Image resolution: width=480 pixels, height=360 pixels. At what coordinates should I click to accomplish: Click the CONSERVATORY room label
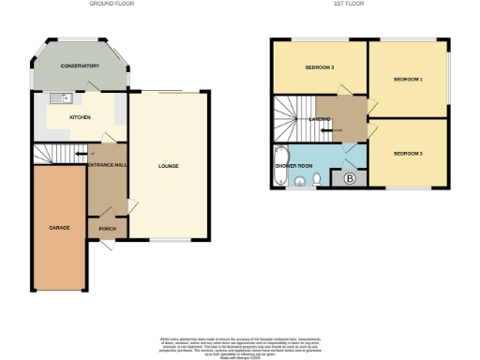(x=80, y=66)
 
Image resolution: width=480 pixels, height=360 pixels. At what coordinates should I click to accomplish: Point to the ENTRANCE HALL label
(x=106, y=166)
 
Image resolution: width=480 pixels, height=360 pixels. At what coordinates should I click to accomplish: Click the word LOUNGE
(x=168, y=166)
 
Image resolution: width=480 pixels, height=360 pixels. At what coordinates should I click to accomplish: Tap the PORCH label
(x=107, y=228)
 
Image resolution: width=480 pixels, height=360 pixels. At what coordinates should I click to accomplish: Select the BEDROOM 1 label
(x=408, y=80)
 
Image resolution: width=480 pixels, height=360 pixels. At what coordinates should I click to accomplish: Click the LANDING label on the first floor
(x=319, y=119)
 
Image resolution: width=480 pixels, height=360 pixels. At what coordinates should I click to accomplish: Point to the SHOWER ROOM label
(x=292, y=166)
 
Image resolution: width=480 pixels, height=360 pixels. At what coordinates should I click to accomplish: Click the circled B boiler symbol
(x=349, y=178)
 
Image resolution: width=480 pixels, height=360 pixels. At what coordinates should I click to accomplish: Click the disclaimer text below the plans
(x=239, y=344)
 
